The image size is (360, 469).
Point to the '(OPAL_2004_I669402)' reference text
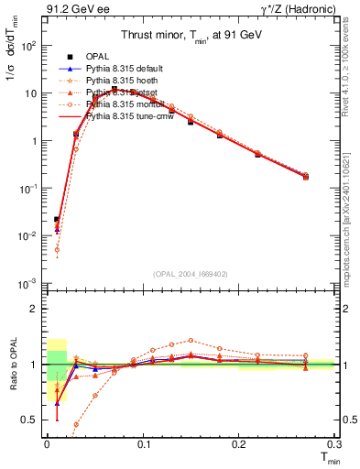click(190, 273)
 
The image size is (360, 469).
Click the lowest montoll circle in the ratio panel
click(75, 424)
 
